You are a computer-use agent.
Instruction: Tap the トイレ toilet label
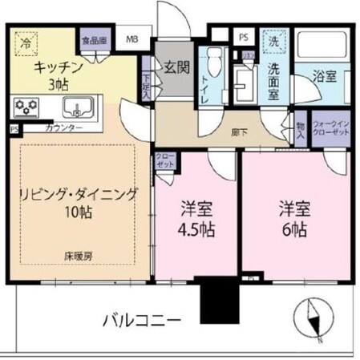pos(210,83)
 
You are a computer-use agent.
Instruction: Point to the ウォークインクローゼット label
pos(330,127)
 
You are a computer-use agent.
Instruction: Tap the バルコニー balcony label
pos(141,320)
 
